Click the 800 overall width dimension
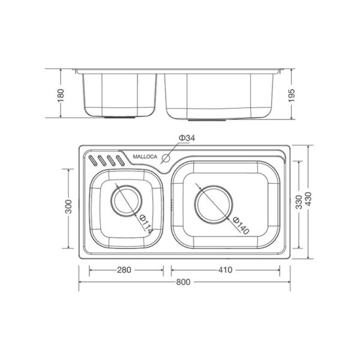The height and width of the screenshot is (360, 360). tap(183, 282)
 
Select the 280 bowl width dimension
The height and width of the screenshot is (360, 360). tap(124, 270)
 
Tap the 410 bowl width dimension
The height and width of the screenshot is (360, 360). tap(225, 270)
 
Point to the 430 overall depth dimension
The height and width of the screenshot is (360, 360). tap(308, 199)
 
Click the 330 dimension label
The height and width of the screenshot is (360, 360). tap(299, 202)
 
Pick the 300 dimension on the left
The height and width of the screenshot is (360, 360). tap(68, 206)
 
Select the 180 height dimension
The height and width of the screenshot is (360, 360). tap(61, 95)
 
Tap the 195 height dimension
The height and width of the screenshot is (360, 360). tap(291, 95)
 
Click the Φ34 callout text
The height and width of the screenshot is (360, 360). tap(187, 138)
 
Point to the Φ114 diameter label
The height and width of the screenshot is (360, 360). tap(146, 224)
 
